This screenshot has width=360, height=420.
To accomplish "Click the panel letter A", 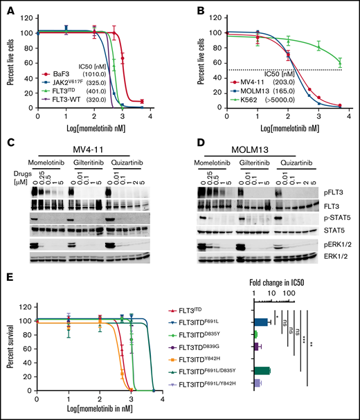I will point(8,8).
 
